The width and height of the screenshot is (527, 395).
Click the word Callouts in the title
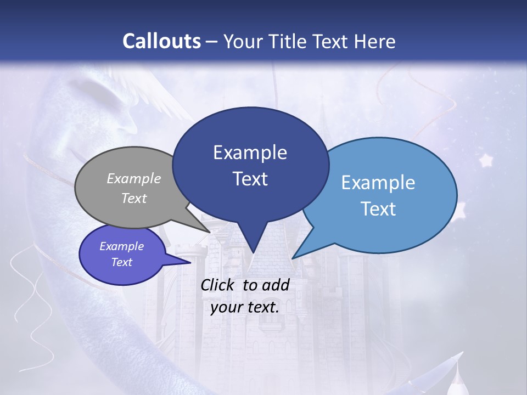click(161, 41)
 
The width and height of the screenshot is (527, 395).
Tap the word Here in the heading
click(375, 41)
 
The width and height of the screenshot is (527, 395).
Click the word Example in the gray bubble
click(134, 178)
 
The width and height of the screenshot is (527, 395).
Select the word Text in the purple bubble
click(122, 262)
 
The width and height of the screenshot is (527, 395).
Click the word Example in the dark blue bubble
click(250, 153)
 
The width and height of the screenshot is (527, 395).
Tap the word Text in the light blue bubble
click(379, 209)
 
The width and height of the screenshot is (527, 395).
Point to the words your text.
click(244, 307)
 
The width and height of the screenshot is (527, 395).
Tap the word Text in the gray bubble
click(134, 198)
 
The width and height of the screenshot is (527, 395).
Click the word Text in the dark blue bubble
click(250, 179)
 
